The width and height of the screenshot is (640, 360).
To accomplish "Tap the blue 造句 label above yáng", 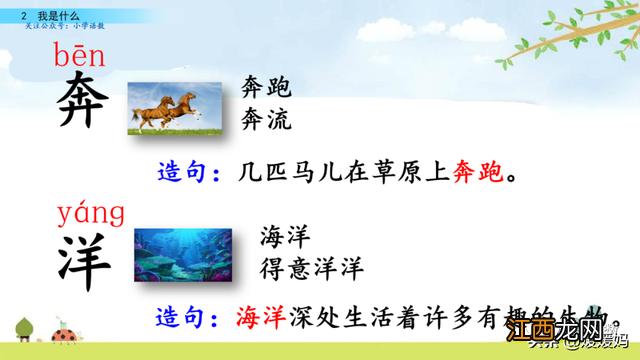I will (x=189, y=174).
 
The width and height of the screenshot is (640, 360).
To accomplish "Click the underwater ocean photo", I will (x=183, y=254).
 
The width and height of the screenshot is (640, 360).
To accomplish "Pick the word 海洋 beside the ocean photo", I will (x=284, y=238).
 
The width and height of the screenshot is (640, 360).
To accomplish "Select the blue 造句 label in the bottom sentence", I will (x=189, y=319).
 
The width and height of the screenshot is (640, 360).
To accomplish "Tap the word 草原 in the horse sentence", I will (x=393, y=174).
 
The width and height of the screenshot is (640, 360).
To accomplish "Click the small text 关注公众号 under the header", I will (x=49, y=27).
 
